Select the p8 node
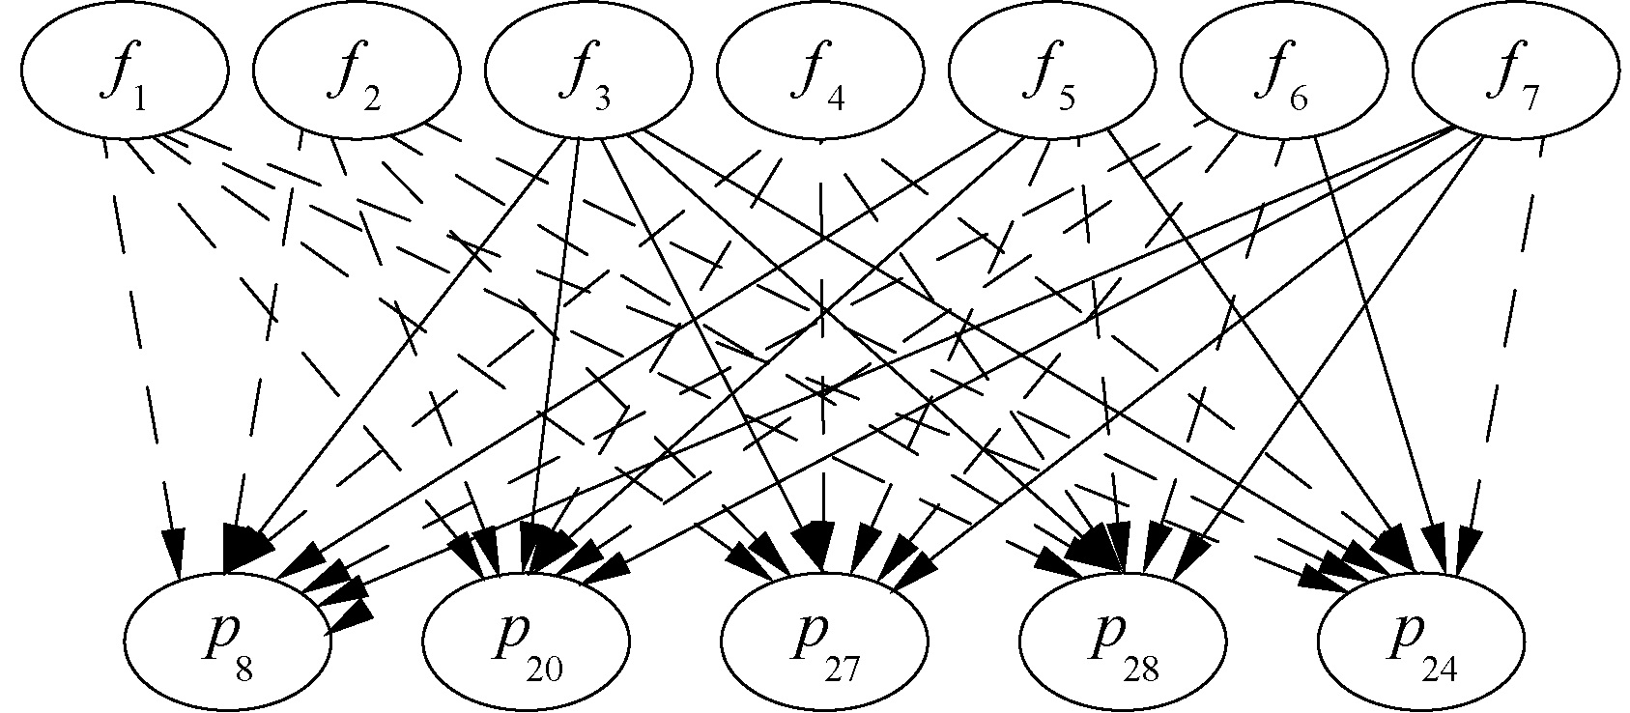[x=227, y=640]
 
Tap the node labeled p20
[x=527, y=640]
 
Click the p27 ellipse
[x=824, y=640]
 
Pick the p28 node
[x=1123, y=640]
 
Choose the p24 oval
[x=1421, y=640]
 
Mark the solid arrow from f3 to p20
[x=556, y=338]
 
